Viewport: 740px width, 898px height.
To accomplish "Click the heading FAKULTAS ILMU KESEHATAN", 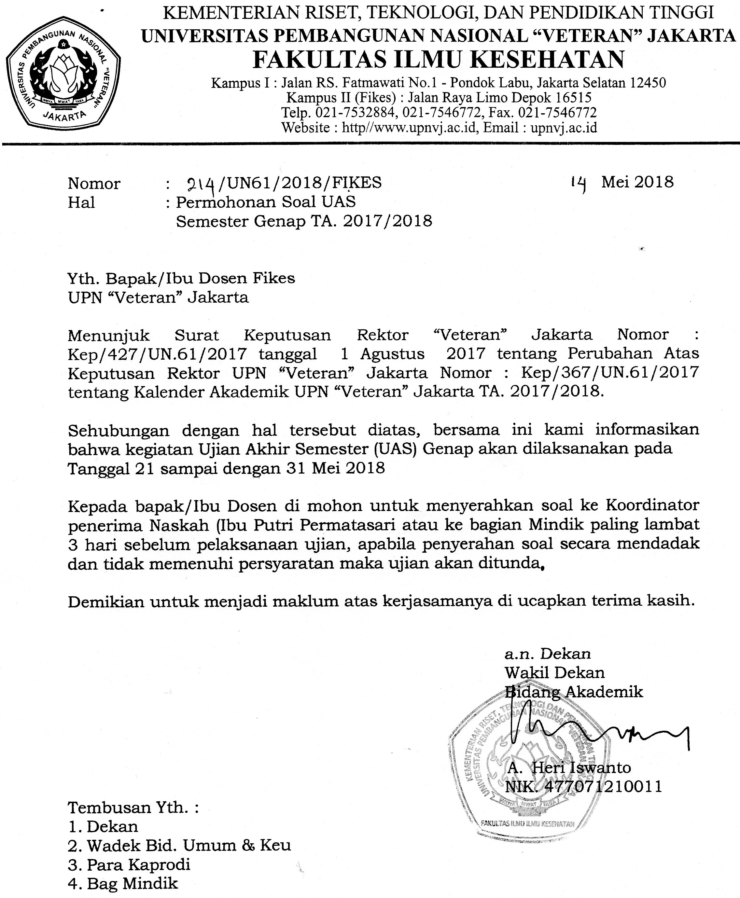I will click(439, 60).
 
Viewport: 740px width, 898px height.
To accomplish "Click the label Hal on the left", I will click(81, 202).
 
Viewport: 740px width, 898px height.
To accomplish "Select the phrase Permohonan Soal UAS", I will click(266, 201).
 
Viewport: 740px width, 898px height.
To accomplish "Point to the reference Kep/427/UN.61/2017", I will click(158, 354).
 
